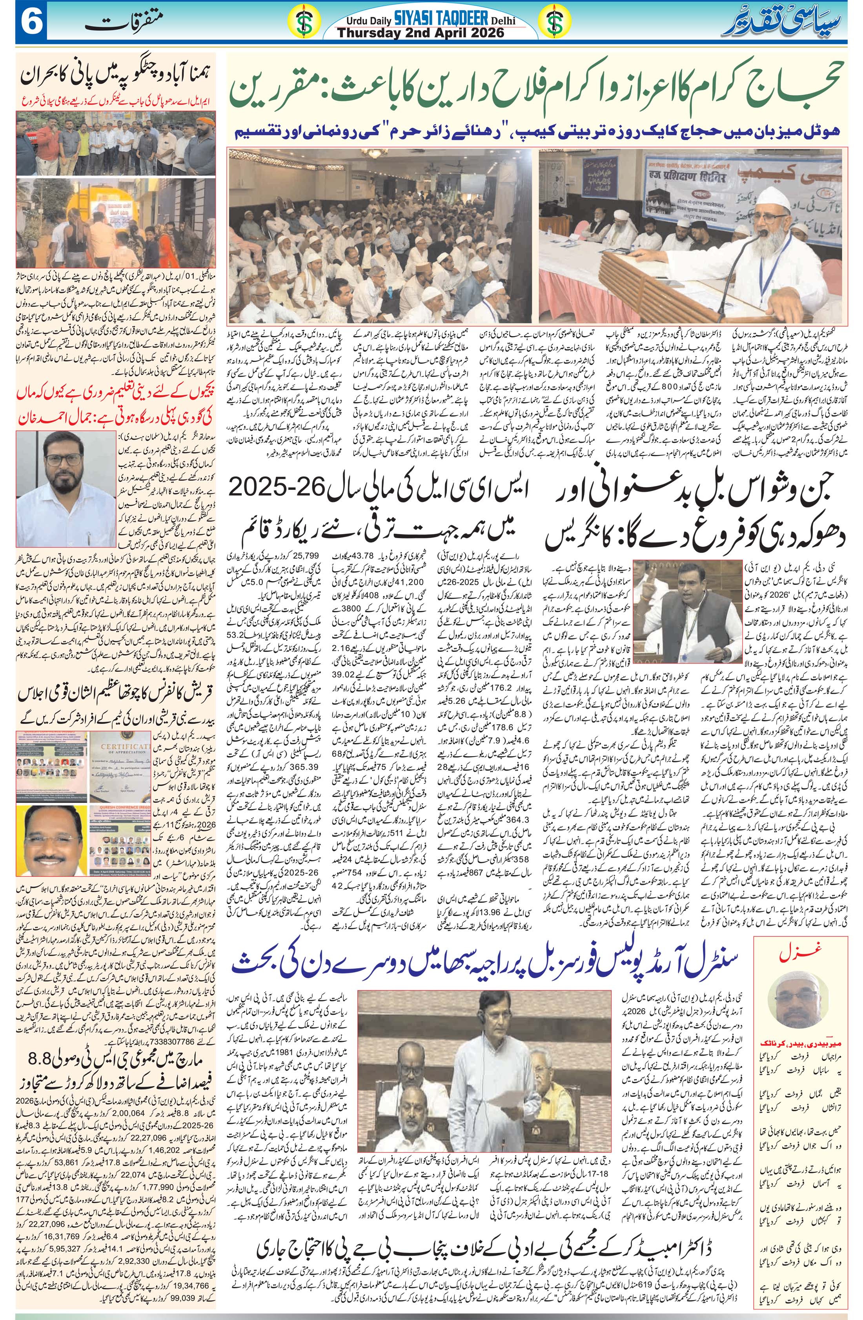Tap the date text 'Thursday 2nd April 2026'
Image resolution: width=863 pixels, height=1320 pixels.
pos(421,33)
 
